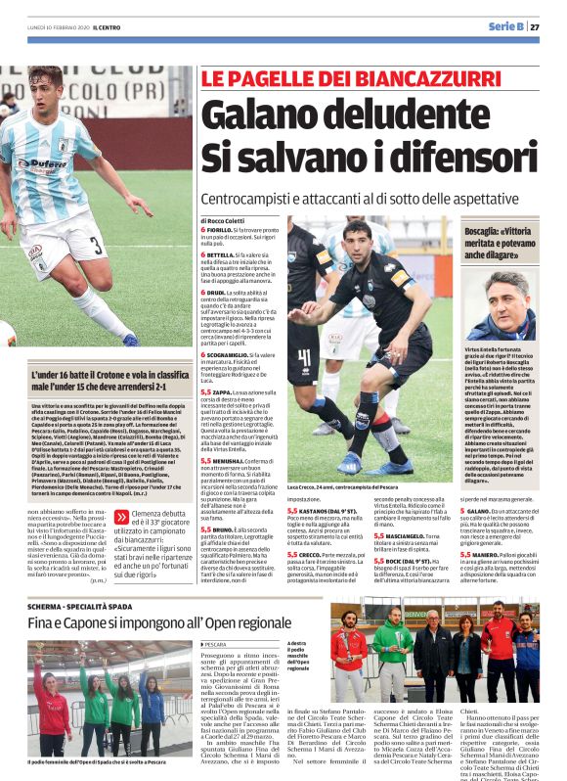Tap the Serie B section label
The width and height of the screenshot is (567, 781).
(506, 26)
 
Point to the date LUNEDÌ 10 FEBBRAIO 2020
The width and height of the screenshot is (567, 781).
(55, 27)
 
